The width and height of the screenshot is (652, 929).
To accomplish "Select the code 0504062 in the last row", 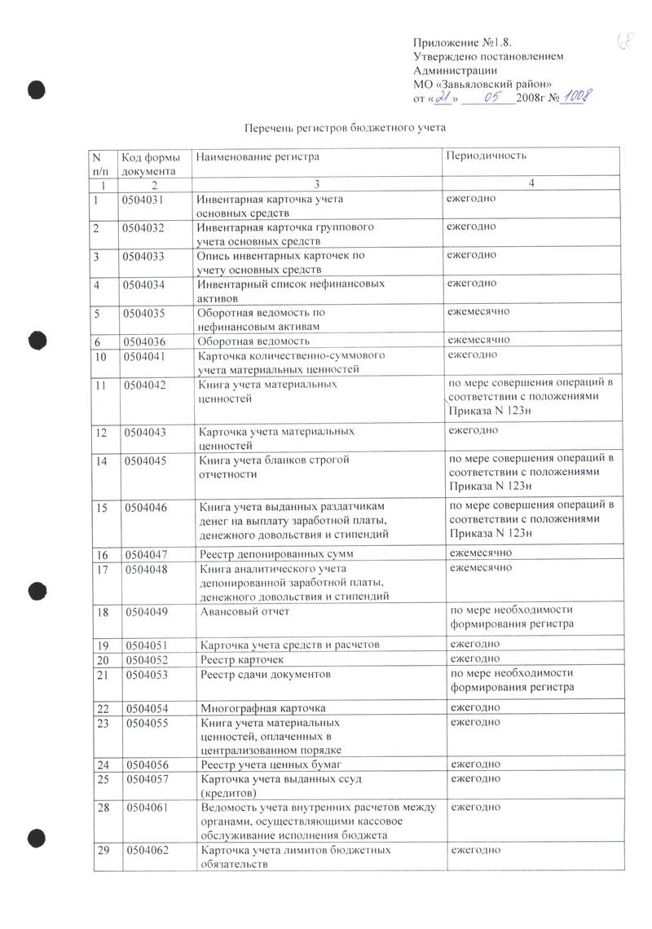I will [x=148, y=850].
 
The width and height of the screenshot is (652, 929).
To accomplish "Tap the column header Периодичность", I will [x=486, y=155].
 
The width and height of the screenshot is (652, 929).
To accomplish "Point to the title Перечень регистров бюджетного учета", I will [x=346, y=128].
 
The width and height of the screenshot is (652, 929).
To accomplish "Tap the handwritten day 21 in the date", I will [x=443, y=98].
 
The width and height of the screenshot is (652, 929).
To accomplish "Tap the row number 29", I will [x=104, y=850].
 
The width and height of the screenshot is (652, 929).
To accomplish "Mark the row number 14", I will [x=102, y=460].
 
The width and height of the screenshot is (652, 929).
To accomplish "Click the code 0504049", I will [x=148, y=610].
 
